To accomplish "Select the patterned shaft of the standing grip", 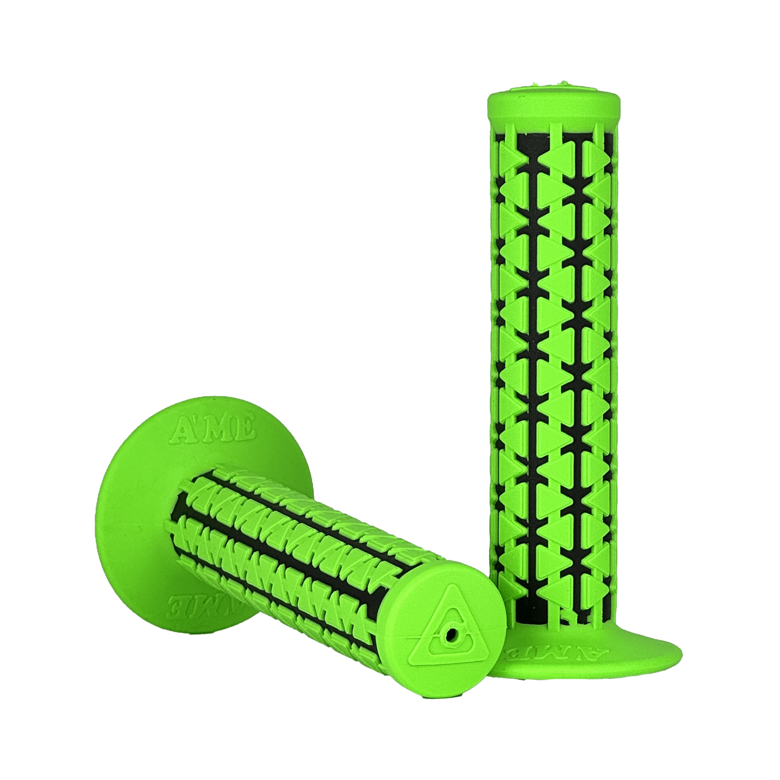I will coord(553,357).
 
